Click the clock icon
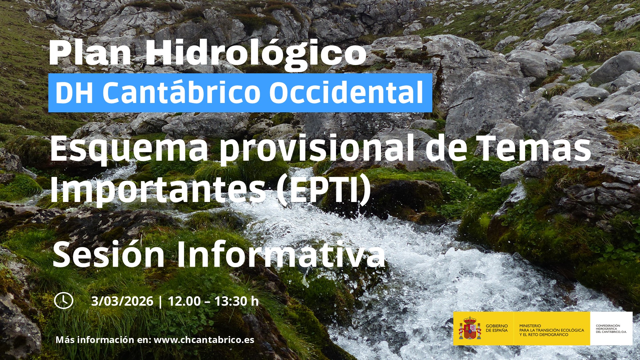tap(64, 301)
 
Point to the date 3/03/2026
tap(122, 301)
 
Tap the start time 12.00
tap(184, 301)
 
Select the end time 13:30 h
tap(236, 301)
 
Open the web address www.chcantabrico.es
tap(204, 340)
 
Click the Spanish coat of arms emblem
tap(470, 328)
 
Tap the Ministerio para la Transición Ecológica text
tap(552, 330)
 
